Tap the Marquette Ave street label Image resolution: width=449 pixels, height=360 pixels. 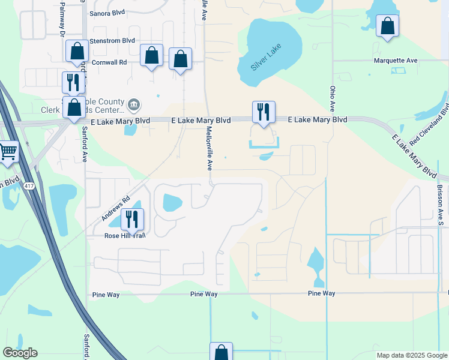click(x=395, y=61)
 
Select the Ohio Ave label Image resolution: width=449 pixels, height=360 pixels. click(x=332, y=98)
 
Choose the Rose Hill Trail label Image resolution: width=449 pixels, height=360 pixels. click(x=125, y=235)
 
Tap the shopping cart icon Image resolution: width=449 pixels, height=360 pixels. click(x=7, y=152)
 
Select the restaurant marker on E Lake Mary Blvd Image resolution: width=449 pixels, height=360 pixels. click(x=264, y=112)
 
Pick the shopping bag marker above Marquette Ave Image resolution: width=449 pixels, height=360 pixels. click(x=387, y=26)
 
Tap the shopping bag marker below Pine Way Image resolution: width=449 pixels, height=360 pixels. click(x=221, y=352)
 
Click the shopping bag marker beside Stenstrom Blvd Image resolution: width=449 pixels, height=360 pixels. click(x=77, y=51)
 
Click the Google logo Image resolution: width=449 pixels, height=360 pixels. click(x=20, y=353)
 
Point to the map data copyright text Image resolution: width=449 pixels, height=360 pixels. click(x=412, y=355)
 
